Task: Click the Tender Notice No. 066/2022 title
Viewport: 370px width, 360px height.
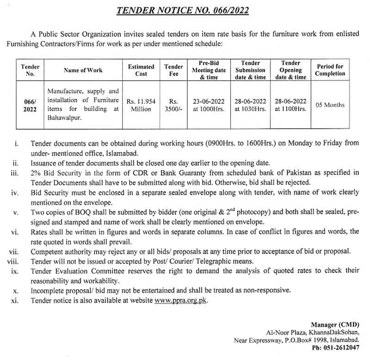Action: [182, 10]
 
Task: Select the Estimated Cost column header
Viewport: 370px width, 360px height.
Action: [141, 70]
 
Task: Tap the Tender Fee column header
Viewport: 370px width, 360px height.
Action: [173, 70]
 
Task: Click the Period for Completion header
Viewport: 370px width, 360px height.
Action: [330, 70]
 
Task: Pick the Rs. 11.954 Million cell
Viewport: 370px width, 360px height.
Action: [141, 105]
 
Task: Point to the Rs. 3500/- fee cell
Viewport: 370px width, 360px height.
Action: [173, 105]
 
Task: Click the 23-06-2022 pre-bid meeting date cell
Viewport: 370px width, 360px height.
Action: [209, 101]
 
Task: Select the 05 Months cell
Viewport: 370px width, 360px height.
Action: [330, 105]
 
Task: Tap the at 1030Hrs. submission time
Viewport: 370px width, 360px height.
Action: [250, 109]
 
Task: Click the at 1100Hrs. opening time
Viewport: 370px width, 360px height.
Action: [290, 109]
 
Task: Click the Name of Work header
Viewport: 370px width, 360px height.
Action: [83, 70]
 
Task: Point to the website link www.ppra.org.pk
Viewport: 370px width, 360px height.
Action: [181, 301]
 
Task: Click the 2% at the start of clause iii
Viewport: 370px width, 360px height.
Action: [36, 173]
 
